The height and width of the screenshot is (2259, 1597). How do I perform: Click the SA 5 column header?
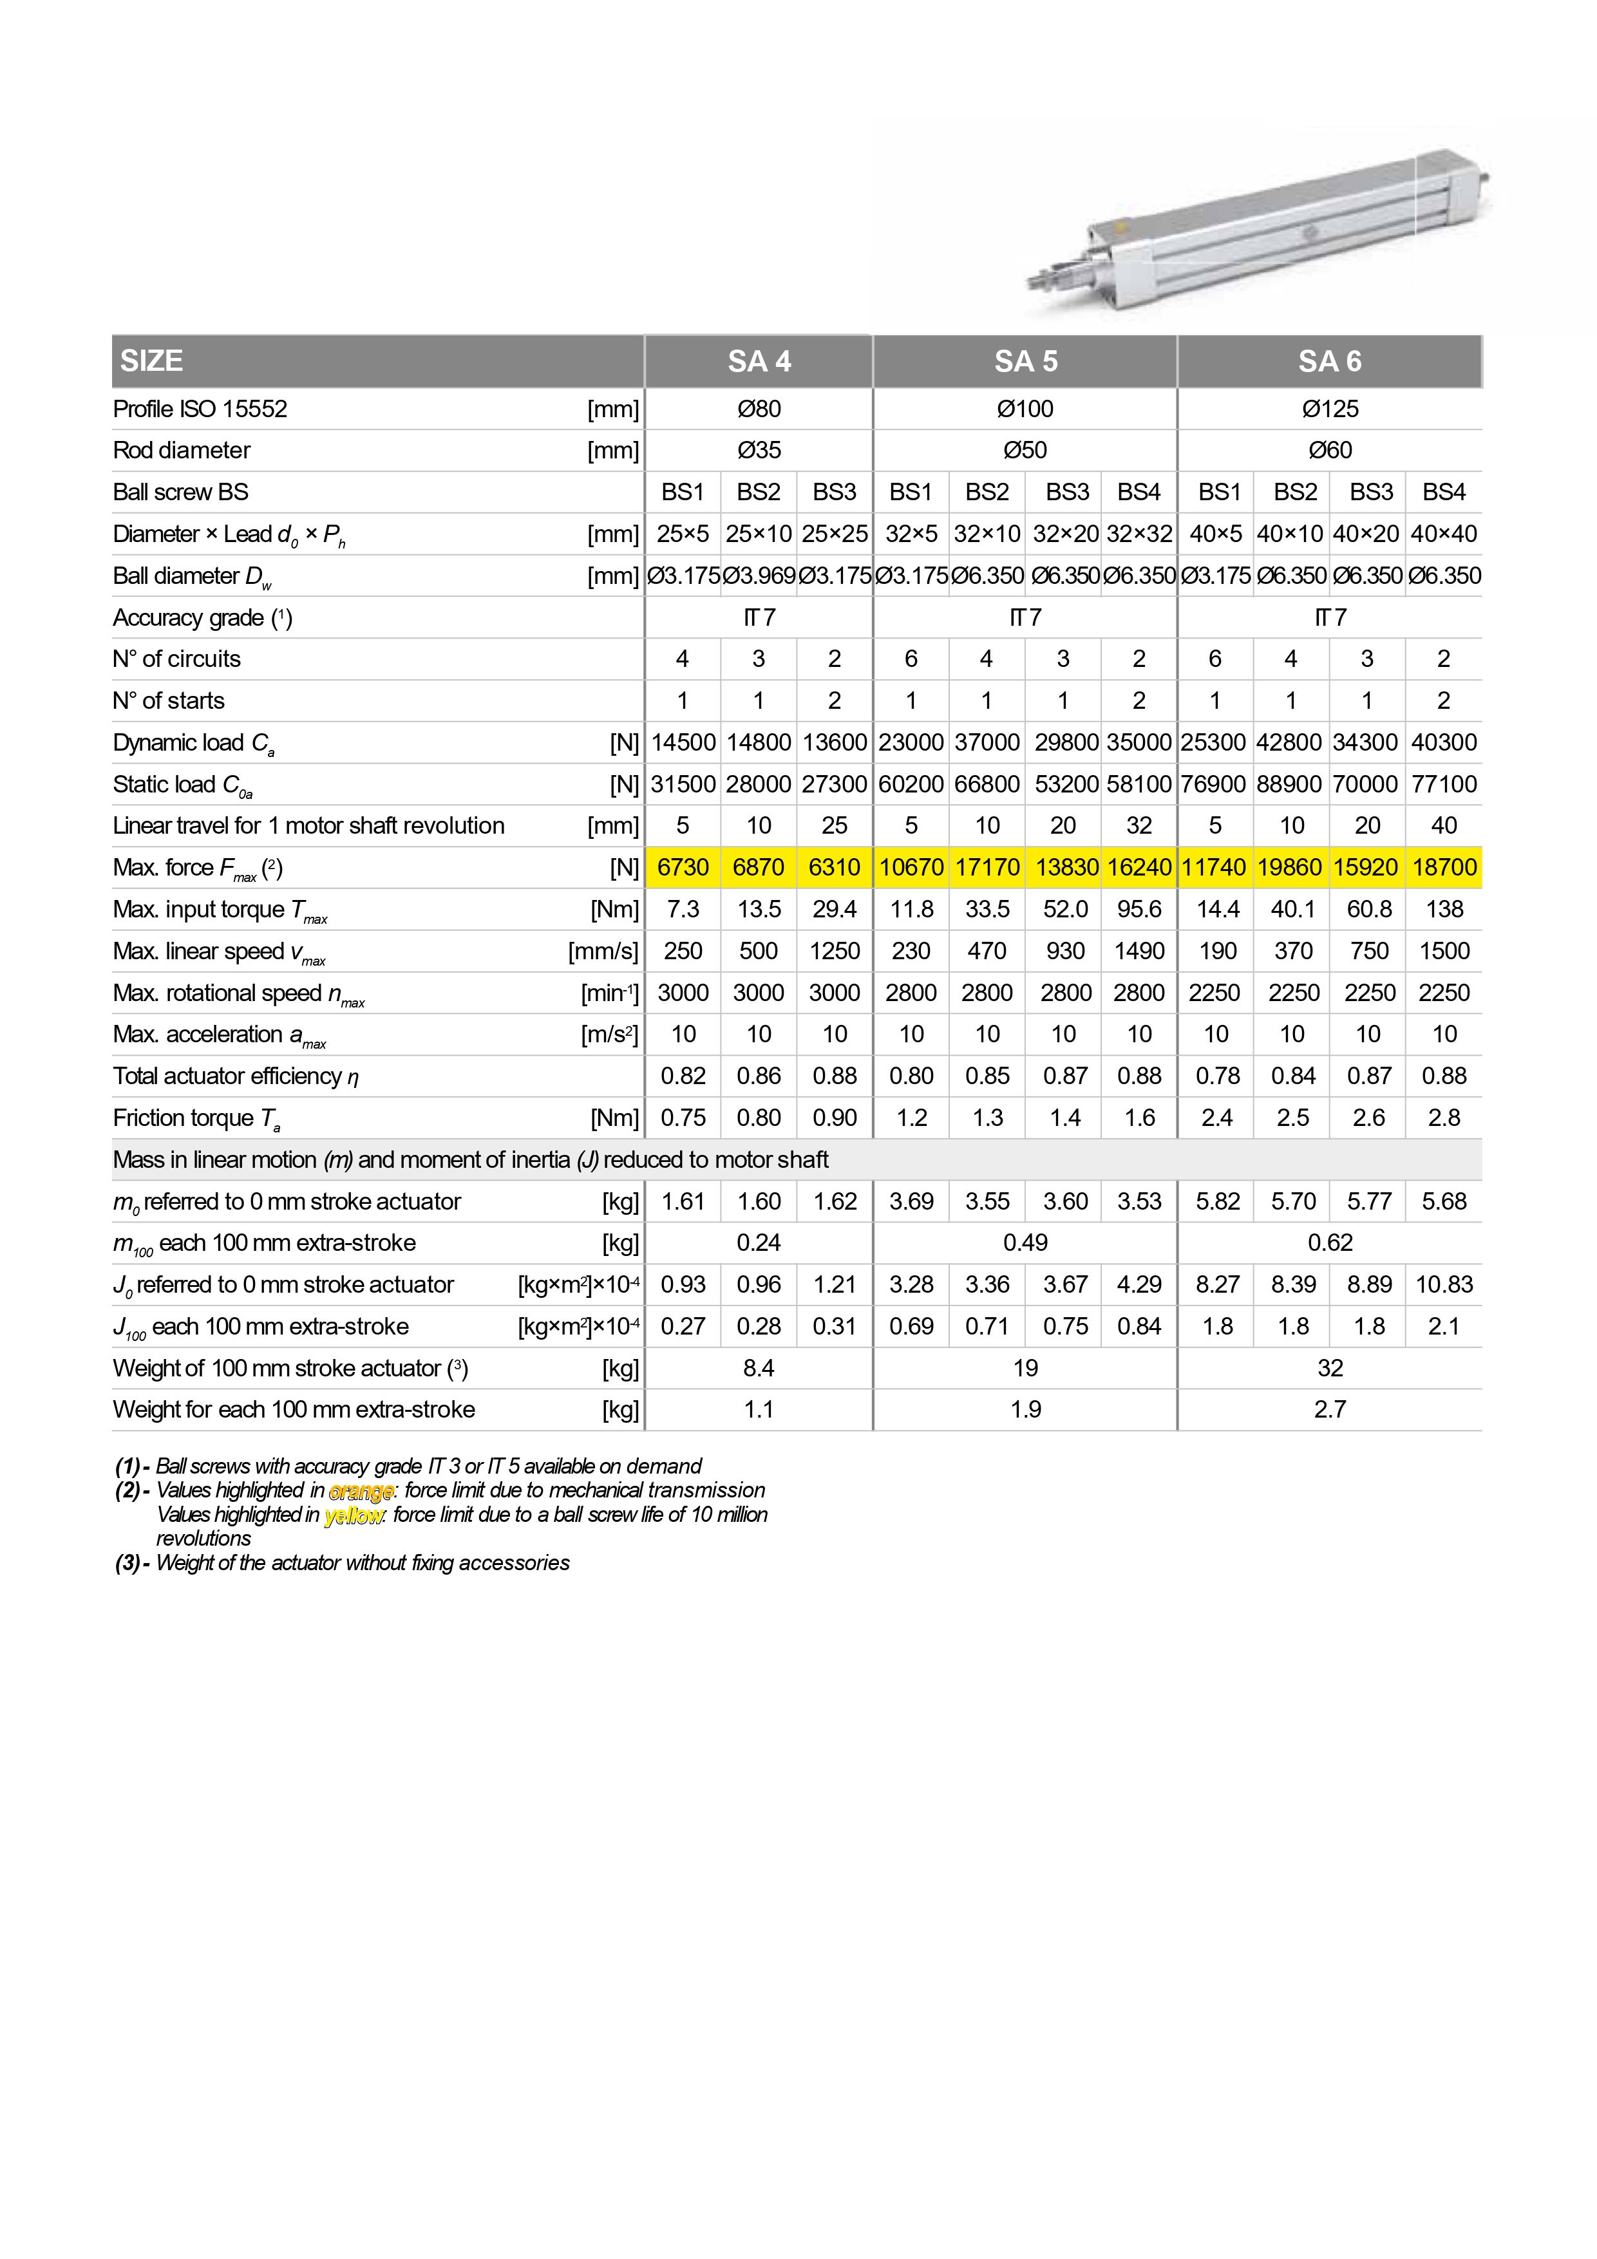1025,361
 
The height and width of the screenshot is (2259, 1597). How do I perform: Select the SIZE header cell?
151,361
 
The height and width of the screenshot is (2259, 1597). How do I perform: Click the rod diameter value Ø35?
759,451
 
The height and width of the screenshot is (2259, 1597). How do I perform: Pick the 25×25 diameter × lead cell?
835,534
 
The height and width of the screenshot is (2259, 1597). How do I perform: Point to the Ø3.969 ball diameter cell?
759,576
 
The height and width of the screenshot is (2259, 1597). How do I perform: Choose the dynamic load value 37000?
987,743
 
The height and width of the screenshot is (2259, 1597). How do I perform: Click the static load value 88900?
1292,784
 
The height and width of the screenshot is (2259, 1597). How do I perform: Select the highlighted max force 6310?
835,868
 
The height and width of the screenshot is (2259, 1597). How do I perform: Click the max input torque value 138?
1444,909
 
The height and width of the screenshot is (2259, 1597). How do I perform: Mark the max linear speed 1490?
1139,951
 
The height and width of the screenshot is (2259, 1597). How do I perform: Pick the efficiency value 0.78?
1217,1076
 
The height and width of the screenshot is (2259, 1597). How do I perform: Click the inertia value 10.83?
1444,1285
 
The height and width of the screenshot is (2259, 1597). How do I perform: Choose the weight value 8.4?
759,1369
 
